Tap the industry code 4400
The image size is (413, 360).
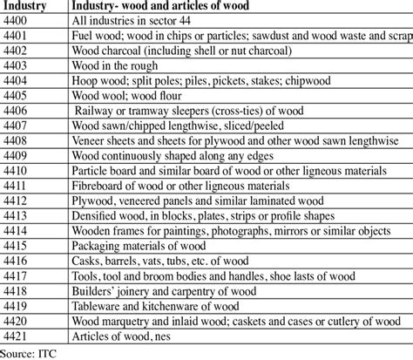point(18,22)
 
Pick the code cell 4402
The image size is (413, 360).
point(18,51)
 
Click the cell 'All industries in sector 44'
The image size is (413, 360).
point(139,22)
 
